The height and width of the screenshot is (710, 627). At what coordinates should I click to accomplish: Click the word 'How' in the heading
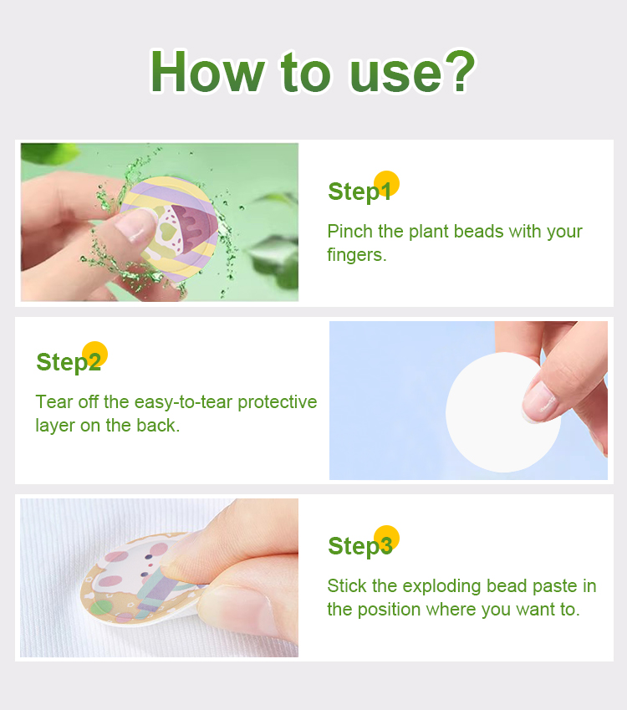click(206, 72)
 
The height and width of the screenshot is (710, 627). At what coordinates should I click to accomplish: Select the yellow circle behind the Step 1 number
click(386, 184)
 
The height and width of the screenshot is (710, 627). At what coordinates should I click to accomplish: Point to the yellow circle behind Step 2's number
click(94, 354)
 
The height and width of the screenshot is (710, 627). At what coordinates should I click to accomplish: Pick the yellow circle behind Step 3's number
click(386, 539)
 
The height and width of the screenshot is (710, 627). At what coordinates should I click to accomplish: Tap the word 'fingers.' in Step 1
click(357, 255)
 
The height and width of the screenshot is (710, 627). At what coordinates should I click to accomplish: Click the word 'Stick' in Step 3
click(347, 586)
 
